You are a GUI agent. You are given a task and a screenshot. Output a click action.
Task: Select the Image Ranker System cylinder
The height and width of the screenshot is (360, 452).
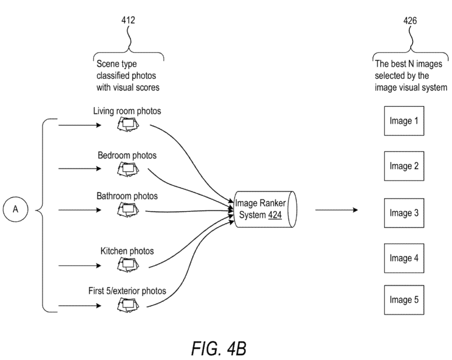point(265,209)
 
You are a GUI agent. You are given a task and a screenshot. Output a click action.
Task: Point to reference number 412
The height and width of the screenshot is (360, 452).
point(128,20)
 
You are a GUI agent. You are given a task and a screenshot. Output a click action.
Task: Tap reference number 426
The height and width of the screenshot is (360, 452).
point(410,20)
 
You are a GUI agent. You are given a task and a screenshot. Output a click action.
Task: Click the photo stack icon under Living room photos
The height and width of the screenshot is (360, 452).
point(128,125)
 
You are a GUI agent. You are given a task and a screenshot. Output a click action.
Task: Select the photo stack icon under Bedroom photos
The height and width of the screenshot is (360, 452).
point(128,169)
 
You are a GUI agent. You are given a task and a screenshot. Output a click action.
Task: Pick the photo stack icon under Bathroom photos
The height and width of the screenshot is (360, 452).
point(128,210)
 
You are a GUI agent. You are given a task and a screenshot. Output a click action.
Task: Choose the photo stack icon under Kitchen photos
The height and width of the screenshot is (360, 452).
point(128,265)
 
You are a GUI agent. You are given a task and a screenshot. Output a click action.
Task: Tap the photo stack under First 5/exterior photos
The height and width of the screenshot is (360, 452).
point(128,305)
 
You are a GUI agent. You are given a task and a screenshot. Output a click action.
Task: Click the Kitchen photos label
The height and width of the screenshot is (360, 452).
point(127,251)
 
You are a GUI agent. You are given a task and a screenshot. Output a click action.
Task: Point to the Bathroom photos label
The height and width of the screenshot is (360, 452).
point(127,196)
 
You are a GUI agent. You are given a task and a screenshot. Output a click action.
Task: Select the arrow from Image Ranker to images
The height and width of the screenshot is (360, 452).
point(337,210)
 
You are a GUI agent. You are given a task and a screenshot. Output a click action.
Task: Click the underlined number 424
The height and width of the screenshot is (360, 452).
point(275,215)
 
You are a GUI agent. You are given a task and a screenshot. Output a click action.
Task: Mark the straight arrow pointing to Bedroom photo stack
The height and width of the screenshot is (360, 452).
point(80,169)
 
